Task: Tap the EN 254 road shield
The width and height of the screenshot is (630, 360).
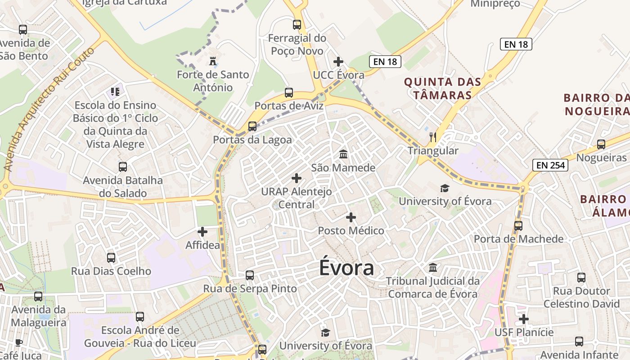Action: (550, 165)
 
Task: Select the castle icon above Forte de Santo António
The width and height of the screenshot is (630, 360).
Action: (212, 61)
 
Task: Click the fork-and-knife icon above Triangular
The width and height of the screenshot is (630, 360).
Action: (433, 137)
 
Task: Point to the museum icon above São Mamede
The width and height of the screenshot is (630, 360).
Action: (343, 154)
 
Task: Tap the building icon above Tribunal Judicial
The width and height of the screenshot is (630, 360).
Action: (433, 268)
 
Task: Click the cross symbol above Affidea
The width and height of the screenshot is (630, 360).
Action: (202, 232)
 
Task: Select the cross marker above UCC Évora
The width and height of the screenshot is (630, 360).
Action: (338, 62)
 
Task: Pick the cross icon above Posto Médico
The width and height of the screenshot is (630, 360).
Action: (351, 217)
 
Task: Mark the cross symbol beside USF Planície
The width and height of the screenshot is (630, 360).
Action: (524, 319)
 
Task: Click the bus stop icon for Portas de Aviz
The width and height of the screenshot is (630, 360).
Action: (289, 93)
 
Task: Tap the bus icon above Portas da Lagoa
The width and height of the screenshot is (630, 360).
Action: (252, 126)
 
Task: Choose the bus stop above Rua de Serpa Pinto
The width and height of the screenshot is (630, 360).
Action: (250, 275)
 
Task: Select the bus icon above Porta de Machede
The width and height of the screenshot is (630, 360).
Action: (518, 225)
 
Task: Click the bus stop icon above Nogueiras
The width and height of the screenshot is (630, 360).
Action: (601, 144)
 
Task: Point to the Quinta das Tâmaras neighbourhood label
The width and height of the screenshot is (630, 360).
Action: (442, 88)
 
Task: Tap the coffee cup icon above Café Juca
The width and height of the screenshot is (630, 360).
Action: (19, 342)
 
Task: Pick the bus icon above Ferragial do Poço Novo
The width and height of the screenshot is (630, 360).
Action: (297, 24)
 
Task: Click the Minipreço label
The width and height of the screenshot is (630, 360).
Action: (495, 4)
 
